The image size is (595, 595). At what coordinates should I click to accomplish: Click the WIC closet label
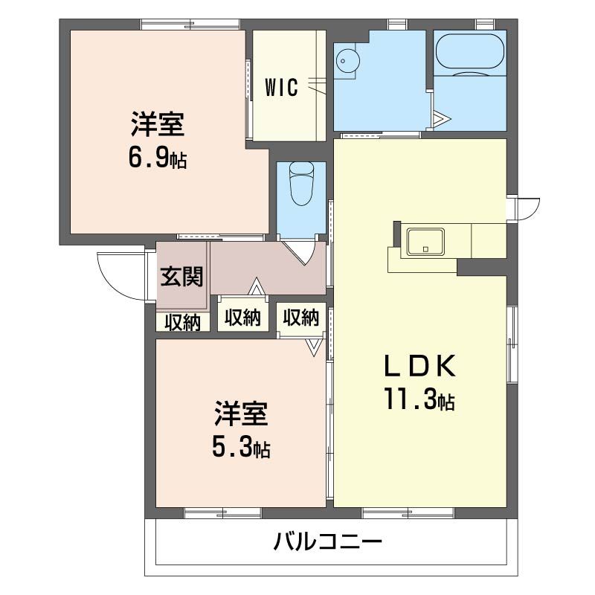pyautogui.click(x=282, y=88)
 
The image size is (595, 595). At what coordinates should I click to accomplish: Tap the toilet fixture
pyautogui.click(x=301, y=184)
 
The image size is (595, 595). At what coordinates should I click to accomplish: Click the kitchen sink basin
pyautogui.click(x=425, y=241)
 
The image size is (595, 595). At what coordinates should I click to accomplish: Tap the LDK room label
pyautogui.click(x=419, y=367)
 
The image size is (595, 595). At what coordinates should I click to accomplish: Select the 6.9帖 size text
pyautogui.click(x=158, y=157)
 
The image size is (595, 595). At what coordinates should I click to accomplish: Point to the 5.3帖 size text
pyautogui.click(x=241, y=448)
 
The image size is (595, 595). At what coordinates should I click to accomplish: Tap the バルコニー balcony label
pyautogui.click(x=327, y=541)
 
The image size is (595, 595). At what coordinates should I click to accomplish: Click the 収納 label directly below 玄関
pyautogui.click(x=182, y=322)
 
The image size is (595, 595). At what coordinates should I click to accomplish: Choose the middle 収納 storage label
pyautogui.click(x=242, y=318)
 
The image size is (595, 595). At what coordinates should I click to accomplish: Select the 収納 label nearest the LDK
pyautogui.click(x=301, y=318)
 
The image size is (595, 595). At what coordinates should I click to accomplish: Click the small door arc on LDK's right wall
pyautogui.click(x=527, y=208)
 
